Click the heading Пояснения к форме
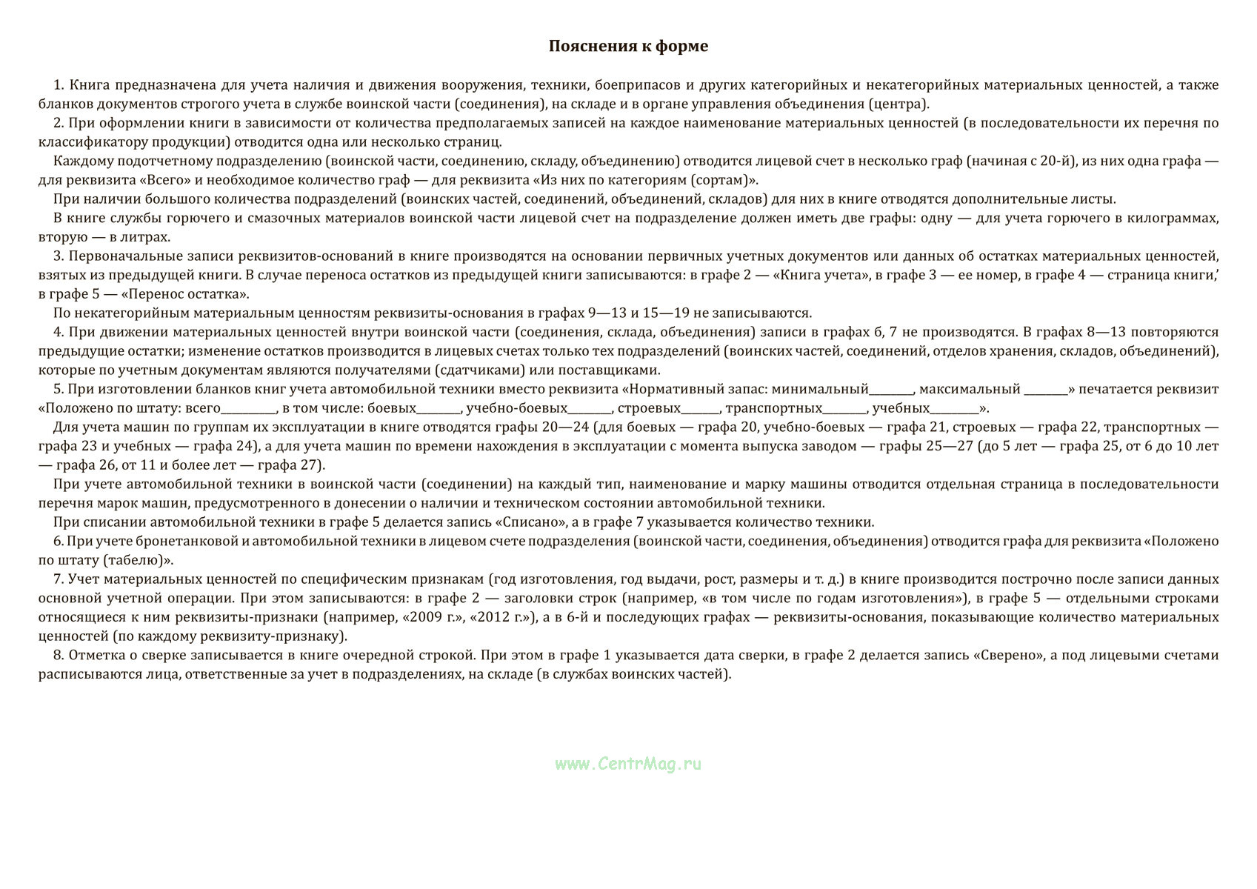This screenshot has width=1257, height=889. tap(628, 46)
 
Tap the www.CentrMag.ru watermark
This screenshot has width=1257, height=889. tap(628, 764)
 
